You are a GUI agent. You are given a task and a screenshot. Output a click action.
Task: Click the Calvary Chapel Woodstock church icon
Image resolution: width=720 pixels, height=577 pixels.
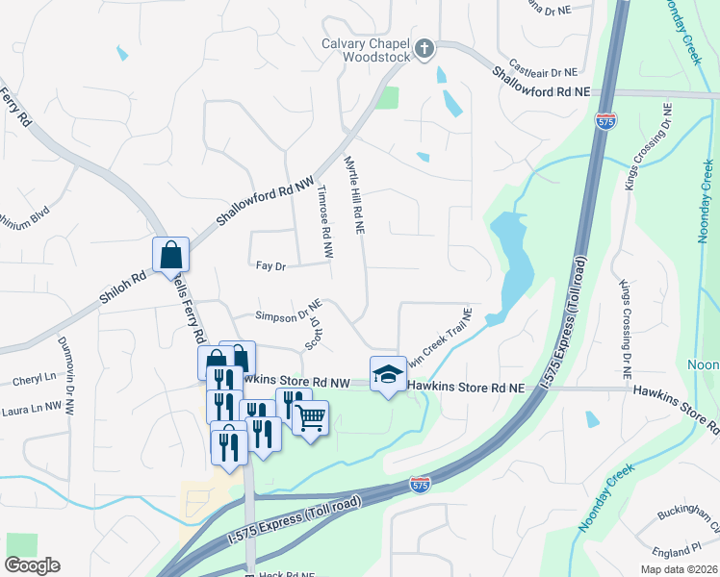(423, 48)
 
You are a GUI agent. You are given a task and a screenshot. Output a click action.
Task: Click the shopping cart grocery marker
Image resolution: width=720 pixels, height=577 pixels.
(310, 418)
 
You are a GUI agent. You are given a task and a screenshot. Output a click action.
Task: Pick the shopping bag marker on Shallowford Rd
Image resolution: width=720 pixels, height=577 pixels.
(170, 255)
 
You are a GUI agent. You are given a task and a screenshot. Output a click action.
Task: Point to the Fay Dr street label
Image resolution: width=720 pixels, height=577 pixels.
(271, 265)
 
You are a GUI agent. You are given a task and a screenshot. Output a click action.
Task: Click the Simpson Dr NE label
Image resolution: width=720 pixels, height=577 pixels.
(287, 314)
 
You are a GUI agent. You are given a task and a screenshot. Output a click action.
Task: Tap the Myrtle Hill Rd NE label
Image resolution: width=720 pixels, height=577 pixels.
(355, 198)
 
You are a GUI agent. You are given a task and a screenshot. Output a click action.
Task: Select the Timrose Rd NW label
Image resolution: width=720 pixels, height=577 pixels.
(325, 220)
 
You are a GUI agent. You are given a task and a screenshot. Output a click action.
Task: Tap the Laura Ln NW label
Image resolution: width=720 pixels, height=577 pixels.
(32, 409)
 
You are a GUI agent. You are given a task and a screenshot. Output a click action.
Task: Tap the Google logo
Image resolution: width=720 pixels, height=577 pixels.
(33, 565)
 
